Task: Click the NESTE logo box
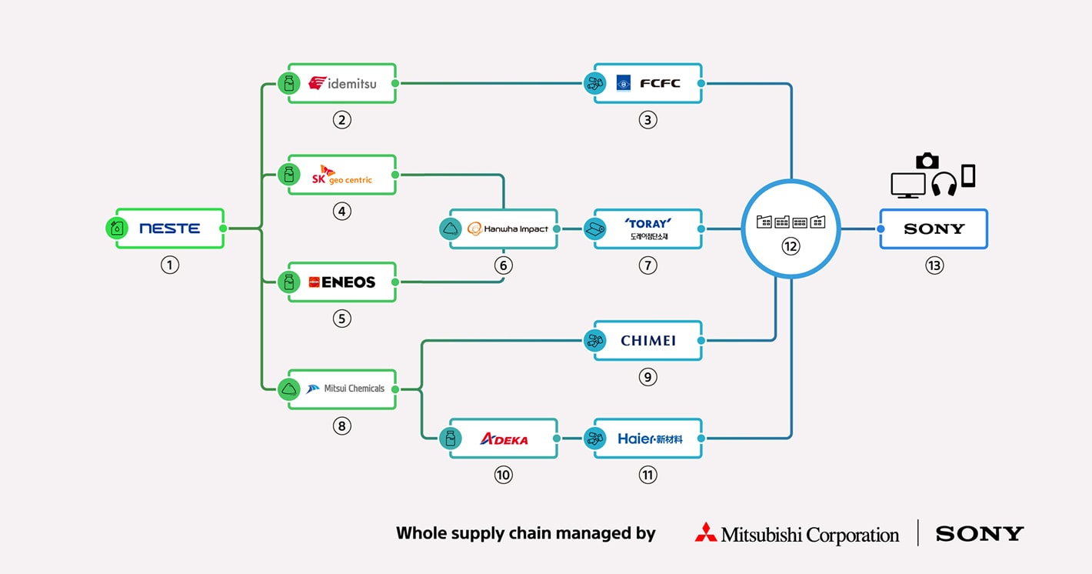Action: pos(170,229)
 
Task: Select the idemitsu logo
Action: pos(343,83)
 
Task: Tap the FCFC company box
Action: pos(648,83)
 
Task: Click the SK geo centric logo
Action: pos(342,175)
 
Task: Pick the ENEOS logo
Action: pos(342,282)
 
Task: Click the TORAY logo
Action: pos(648,224)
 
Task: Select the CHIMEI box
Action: pos(648,340)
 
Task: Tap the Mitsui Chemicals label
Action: pos(354,389)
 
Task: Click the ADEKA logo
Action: pos(504,439)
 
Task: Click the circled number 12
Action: pos(791,246)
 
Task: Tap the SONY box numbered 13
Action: pos(934,229)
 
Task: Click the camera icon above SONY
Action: pos(927,160)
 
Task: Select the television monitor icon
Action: pos(907,185)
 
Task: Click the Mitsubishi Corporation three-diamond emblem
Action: pos(705,532)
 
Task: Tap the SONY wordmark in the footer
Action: pos(979,533)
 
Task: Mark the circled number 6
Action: pos(503,265)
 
